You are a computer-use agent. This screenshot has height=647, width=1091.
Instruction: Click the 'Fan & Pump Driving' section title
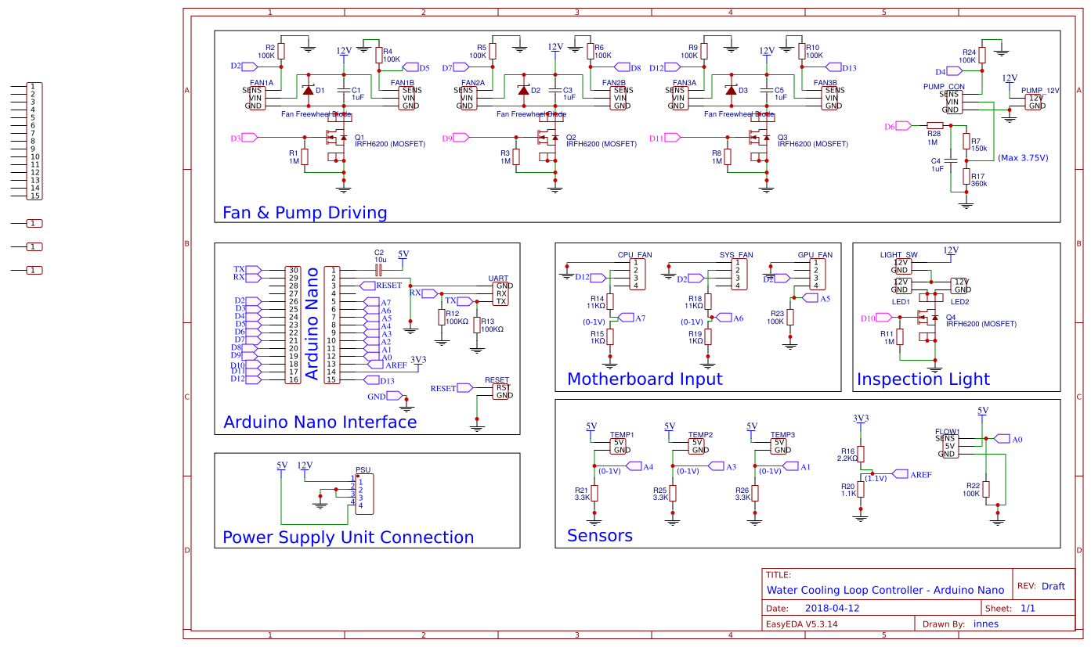click(x=305, y=213)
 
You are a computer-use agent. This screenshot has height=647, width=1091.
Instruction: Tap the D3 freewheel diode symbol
click(x=731, y=91)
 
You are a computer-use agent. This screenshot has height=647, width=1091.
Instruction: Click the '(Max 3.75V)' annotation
click(x=1023, y=157)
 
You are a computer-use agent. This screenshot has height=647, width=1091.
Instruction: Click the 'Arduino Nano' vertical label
click(x=312, y=324)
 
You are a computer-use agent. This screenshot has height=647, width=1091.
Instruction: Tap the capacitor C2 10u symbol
click(x=378, y=270)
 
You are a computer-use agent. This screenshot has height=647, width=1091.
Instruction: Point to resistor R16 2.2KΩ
click(x=861, y=455)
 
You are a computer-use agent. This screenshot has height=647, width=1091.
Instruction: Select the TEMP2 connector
click(x=697, y=446)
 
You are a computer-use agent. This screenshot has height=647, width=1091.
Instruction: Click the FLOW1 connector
click(x=948, y=446)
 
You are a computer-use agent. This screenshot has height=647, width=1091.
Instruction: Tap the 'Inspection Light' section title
click(x=923, y=379)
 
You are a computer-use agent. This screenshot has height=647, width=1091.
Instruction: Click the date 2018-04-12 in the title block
click(x=832, y=608)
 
